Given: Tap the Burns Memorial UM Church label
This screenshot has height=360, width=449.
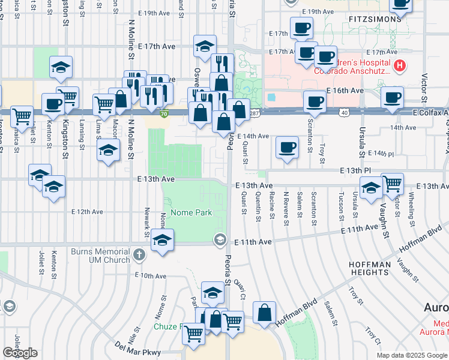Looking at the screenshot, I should pyautogui.click(x=100, y=256).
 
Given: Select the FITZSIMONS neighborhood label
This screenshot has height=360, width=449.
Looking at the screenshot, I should pyautogui.click(x=375, y=19).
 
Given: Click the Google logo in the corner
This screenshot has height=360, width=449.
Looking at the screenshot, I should pyautogui.click(x=20, y=353).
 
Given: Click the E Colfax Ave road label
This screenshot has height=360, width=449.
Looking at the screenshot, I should pyautogui.click(x=430, y=112).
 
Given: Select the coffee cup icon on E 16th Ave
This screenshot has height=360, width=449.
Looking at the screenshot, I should pyautogui.click(x=393, y=97).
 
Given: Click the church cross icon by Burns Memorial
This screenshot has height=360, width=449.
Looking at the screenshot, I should pyautogui.click(x=139, y=255).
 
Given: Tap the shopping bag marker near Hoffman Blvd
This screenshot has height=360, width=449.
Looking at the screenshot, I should pyautogui.click(x=264, y=312).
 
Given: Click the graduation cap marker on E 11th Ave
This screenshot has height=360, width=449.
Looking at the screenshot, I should pyautogui.click(x=161, y=240).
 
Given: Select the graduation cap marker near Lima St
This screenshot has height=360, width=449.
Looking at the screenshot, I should pyautogui.click(x=107, y=150).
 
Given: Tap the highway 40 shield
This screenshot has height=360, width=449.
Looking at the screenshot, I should pyautogui.click(x=343, y=112).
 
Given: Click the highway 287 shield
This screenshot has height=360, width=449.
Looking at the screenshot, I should pyautogui.click(x=255, y=113).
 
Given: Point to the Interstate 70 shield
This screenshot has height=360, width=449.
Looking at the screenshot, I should pyautogui.click(x=164, y=113).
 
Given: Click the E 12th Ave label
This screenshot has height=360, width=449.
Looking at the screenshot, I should pyautogui.click(x=88, y=211).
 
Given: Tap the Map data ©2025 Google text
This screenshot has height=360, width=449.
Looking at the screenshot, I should pyautogui.click(x=412, y=355).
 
